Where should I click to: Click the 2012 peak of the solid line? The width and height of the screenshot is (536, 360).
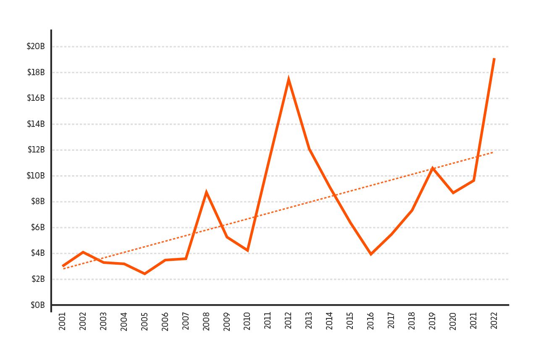click(289, 80)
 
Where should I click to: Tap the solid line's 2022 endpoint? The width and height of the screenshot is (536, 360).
click(494, 59)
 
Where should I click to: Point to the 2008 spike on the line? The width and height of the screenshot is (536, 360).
click(206, 193)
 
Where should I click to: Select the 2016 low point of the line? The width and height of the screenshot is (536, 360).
click(370, 254)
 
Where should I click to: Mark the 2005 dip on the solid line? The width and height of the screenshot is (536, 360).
click(145, 273)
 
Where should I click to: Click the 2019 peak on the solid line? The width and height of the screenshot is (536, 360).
click(432, 168)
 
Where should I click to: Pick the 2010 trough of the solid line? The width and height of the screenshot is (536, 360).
click(247, 250)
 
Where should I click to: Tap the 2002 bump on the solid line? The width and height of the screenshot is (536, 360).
click(83, 252)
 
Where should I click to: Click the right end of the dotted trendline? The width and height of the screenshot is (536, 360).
click(492, 152)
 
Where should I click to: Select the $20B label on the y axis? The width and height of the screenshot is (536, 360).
click(36, 47)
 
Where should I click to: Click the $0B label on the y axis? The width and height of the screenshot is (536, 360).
click(37, 305)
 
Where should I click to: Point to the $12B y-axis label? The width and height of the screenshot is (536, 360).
click(36, 150)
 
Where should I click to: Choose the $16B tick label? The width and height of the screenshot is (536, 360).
click(36, 98)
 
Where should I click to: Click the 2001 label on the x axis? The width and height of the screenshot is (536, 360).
click(63, 321)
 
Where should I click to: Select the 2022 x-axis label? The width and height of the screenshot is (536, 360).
click(494, 321)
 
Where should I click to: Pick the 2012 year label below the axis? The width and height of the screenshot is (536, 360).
click(289, 321)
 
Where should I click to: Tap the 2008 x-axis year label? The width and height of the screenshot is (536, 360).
click(206, 321)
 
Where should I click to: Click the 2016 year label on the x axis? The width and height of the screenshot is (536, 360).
click(370, 321)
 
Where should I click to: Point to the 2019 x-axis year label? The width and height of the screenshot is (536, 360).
click(432, 321)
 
